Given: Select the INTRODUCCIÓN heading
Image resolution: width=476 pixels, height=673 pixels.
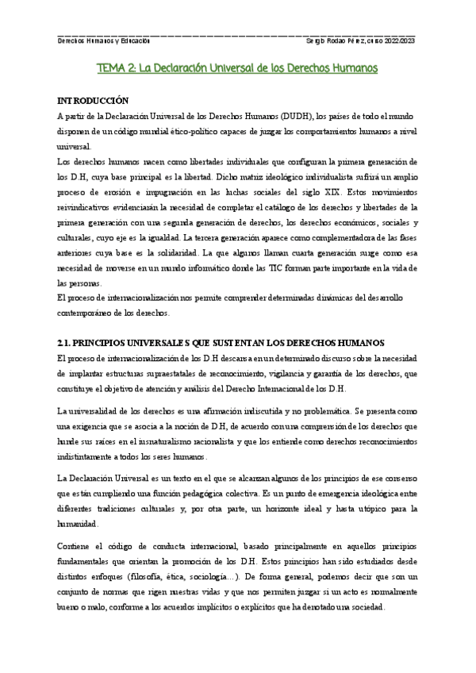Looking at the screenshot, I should click(x=93, y=102).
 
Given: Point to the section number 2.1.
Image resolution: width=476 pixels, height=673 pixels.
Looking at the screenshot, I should click(x=66, y=342).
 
